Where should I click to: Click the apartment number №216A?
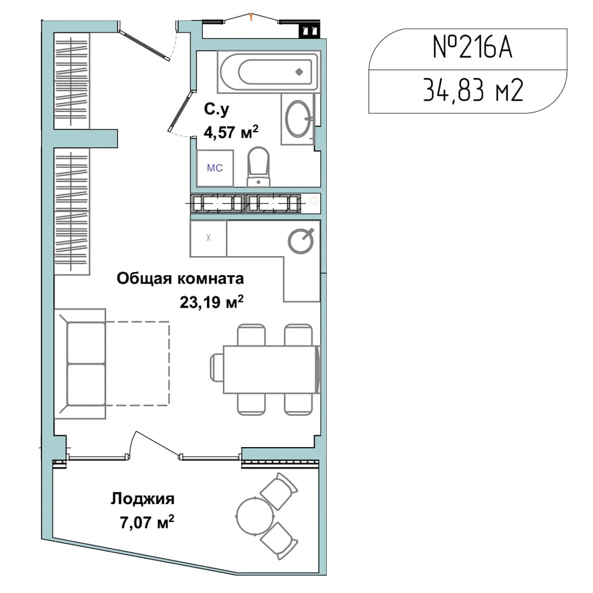coord(473,47)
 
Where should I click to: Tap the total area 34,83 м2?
coord(473,90)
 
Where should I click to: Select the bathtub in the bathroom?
coord(269,72)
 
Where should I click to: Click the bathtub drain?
coord(299,72)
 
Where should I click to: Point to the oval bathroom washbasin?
coord(298,119)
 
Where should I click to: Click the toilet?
coord(259,167)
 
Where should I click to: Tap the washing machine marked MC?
coord(215,168)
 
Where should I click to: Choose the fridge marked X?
coord(208,238)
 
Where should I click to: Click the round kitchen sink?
coord(301,241)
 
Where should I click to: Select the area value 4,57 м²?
coord(231,132)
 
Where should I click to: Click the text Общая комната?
coord(180,279)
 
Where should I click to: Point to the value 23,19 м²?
coord(212,302)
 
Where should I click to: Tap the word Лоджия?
coord(142,499)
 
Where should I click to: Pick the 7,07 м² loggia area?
coord(147,522)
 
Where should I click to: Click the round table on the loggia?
coord(254,516)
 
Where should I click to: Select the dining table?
coord(270,369)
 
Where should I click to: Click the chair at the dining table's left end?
coord(216,369)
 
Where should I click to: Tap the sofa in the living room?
coord(80,364)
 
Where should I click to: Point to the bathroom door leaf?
coord(181,111)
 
